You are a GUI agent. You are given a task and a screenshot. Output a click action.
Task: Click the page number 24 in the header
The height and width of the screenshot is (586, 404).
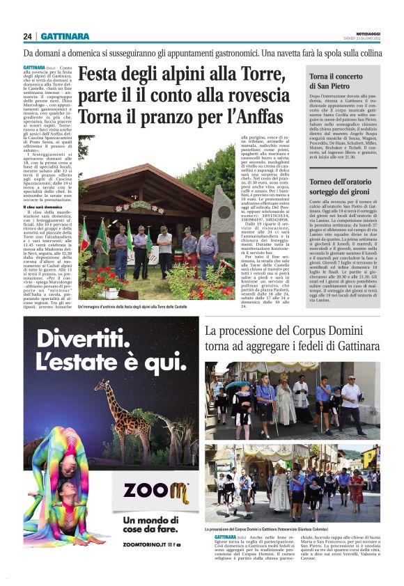(x=27, y=36)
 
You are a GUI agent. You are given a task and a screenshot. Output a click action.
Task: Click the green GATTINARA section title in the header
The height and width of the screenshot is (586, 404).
(x=65, y=36)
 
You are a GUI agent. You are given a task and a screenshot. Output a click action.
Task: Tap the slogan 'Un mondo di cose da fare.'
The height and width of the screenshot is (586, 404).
(x=146, y=530)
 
